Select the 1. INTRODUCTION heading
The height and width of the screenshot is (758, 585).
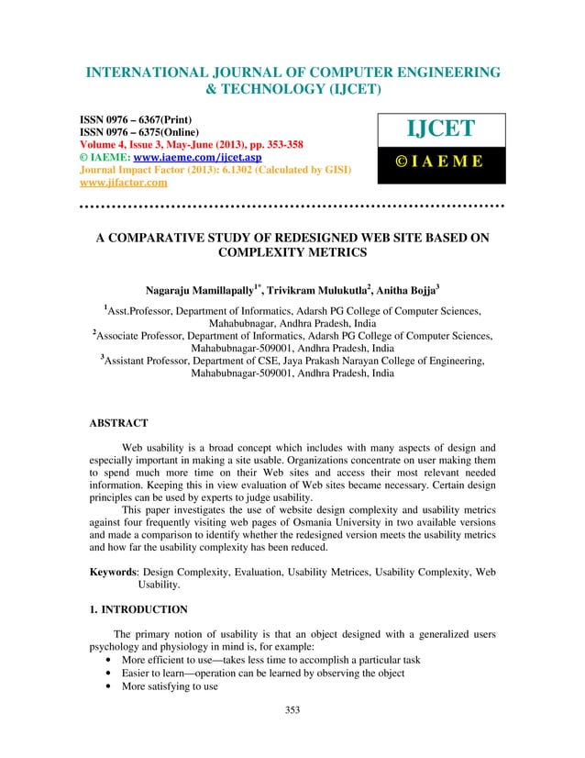tap(138, 609)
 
